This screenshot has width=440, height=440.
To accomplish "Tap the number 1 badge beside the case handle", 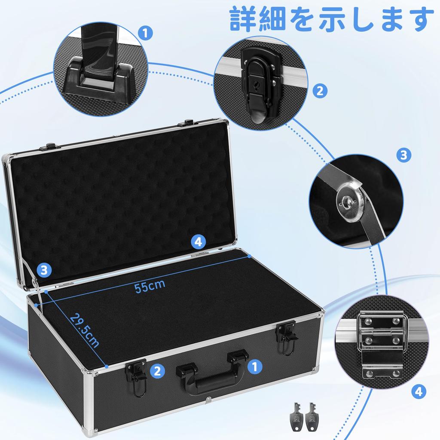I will (255, 366).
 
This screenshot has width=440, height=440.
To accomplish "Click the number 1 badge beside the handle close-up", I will (146, 33).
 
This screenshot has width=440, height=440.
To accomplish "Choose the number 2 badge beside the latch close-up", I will (319, 91).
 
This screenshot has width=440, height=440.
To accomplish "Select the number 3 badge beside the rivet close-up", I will (403, 155).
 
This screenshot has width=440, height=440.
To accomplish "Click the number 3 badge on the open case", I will (44, 270).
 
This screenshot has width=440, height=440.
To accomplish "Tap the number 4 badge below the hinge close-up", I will (419, 391).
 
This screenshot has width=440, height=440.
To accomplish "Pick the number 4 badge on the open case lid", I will (198, 242).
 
